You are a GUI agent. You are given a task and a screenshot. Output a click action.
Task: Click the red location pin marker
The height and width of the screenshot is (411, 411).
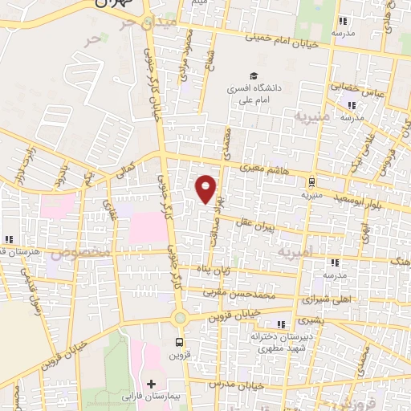tap(207, 189)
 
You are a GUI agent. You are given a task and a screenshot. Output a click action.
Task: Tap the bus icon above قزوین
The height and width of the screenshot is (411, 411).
tap(179, 342)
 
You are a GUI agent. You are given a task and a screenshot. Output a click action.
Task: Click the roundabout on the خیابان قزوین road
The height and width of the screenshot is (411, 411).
tap(179, 318)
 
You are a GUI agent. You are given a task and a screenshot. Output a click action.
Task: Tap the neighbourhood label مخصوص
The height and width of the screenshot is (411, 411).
tap(80, 252)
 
